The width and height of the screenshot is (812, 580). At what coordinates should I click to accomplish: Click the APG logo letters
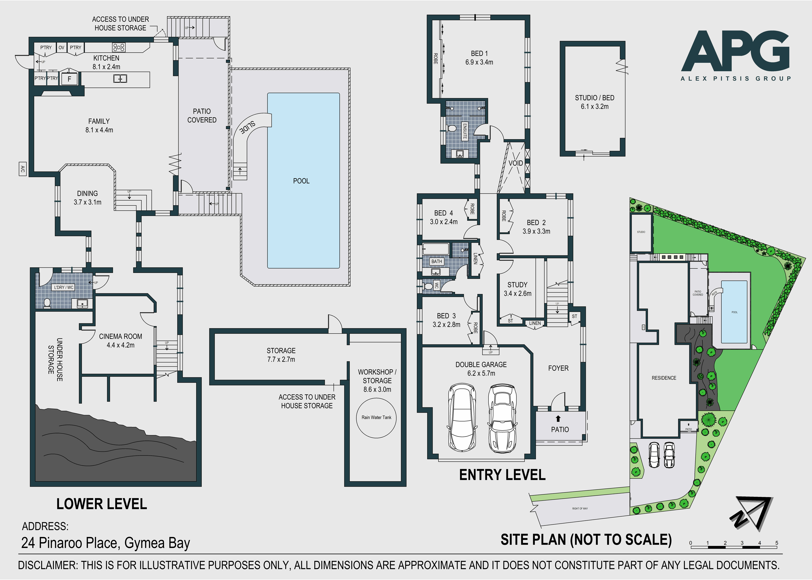(x=735, y=52)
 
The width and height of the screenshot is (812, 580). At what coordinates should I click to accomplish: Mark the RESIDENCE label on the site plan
(x=664, y=378)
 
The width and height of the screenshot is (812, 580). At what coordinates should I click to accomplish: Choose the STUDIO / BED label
(x=594, y=102)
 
